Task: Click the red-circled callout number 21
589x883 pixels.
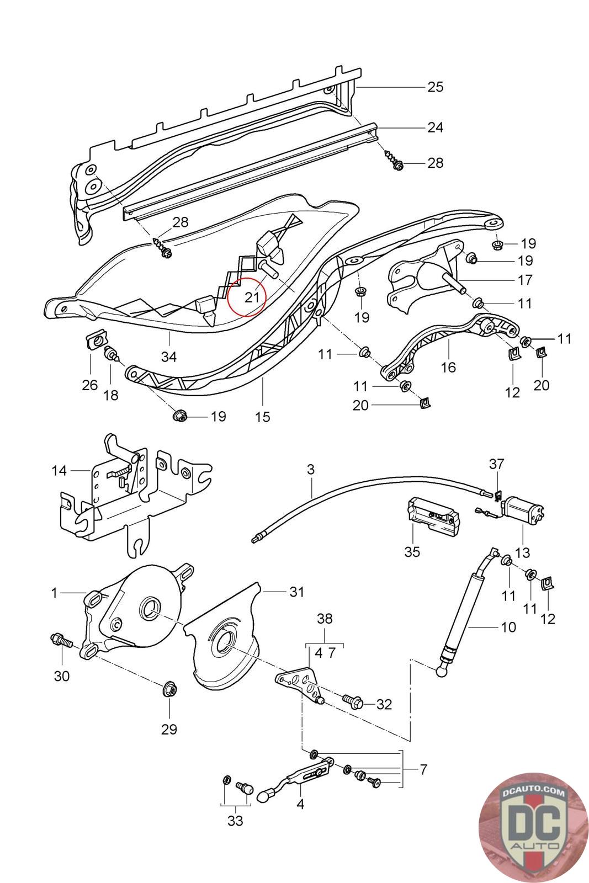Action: point(252,297)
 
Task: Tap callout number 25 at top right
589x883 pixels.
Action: point(435,87)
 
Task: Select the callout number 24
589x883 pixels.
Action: point(435,127)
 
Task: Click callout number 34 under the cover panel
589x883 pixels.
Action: point(169,357)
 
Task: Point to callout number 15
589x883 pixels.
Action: point(263,417)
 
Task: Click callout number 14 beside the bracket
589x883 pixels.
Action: point(59,471)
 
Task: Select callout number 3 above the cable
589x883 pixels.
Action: point(310,469)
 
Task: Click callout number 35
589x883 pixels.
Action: point(412,551)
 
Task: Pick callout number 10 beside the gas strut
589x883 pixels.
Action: point(508,627)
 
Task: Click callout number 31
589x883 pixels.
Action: point(297,592)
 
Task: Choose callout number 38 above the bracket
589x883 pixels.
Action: point(325,619)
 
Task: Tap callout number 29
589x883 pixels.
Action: point(169,729)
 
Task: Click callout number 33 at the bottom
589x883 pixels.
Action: point(235,821)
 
